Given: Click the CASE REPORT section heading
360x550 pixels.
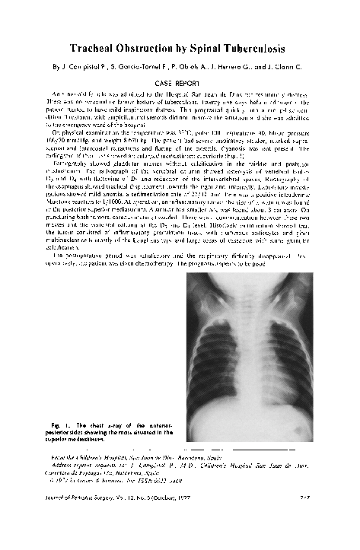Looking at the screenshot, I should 181,80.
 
